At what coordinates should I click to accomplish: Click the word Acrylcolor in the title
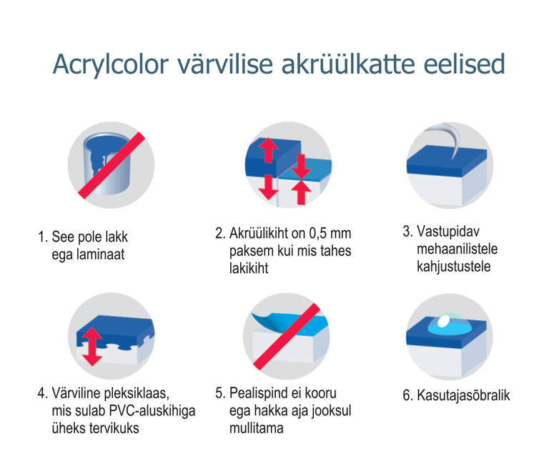coord(111,65)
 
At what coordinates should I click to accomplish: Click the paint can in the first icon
coord(107,164)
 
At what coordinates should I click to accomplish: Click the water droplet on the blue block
coord(449,325)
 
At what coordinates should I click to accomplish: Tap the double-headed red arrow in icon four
coord(92,347)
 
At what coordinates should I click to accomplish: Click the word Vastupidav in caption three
coord(448,232)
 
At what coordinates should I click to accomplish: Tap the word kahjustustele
coord(453,267)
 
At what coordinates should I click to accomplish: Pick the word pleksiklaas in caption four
coord(137,393)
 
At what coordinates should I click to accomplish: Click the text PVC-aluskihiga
coord(152,410)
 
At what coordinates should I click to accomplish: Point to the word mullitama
coord(257,428)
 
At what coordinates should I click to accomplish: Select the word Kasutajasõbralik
coord(463,395)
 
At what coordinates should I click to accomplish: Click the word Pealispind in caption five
coord(259,393)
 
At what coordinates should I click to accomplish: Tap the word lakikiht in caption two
coord(249,268)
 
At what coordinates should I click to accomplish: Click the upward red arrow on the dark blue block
coord(269,150)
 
